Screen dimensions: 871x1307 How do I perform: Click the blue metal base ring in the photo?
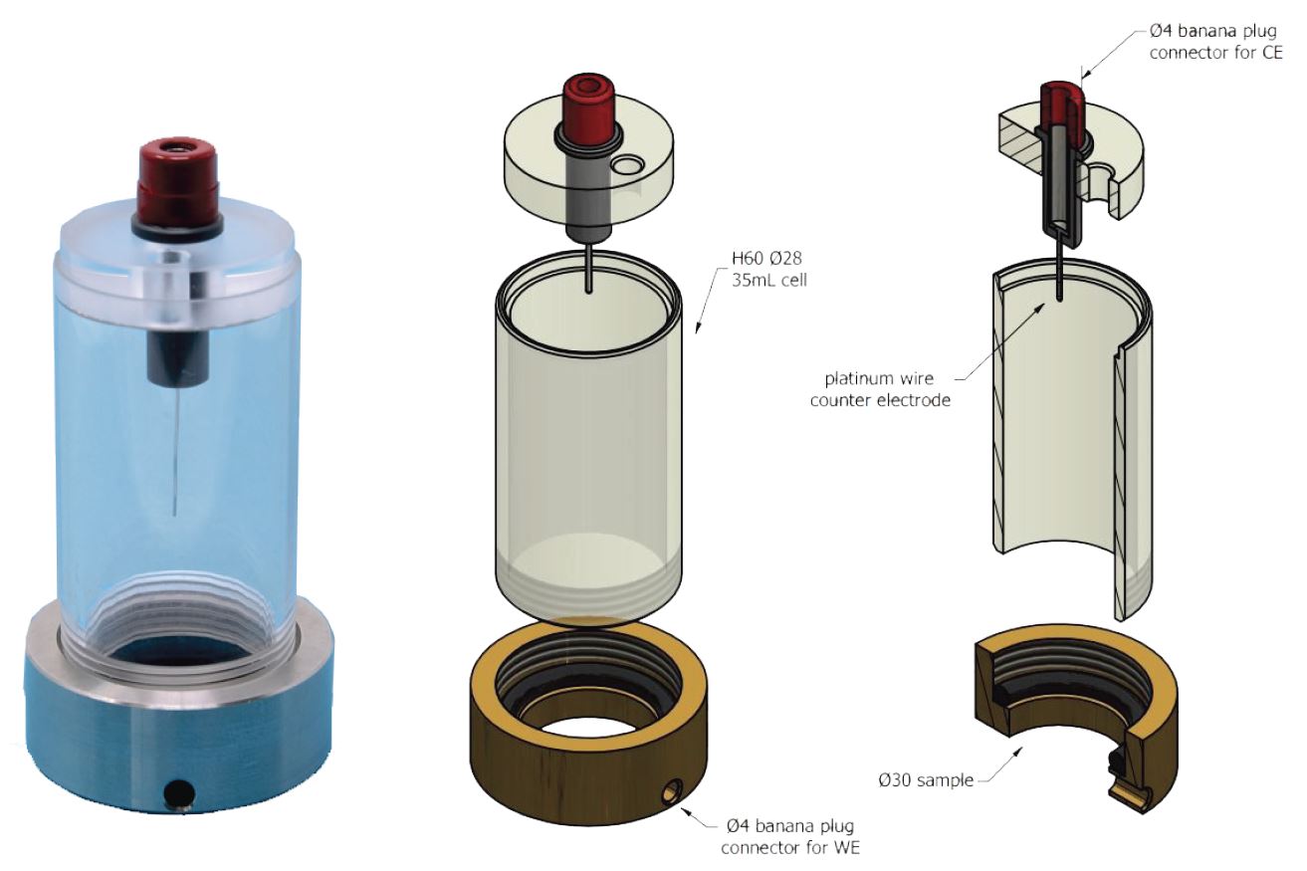point(100,727)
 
